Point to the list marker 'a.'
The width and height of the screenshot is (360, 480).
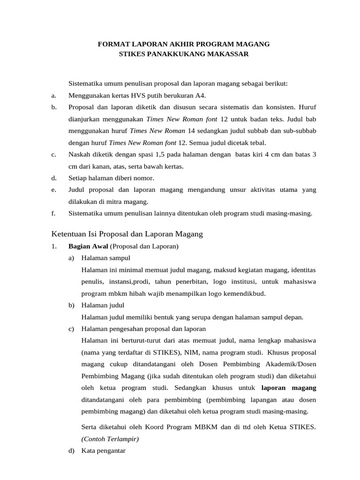coord(54,96)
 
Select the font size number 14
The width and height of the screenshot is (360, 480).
coord(191,131)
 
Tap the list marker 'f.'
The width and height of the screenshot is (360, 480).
coord(53,213)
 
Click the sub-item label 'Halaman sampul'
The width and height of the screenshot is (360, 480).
coord(105,258)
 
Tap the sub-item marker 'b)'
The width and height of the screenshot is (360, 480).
coord(72,305)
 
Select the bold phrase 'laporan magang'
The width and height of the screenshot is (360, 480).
coord(288,388)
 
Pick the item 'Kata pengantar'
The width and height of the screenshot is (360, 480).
coord(103,451)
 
